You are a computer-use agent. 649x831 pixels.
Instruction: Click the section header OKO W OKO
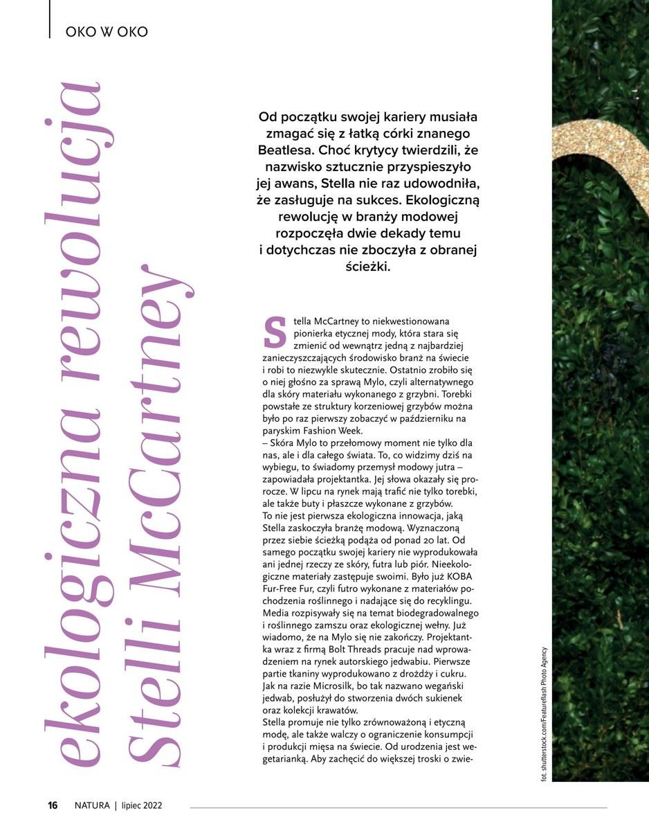pos(107,32)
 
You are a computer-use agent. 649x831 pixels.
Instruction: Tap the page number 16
pos(53,805)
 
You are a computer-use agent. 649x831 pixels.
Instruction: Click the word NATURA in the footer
pos(92,805)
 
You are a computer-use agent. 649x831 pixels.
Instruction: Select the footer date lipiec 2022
pos(141,805)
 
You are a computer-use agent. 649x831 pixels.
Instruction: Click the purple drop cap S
pos(275,332)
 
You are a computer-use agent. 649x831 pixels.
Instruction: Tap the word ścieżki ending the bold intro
pos(368,266)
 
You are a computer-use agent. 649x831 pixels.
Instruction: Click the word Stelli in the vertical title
pos(156,699)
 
